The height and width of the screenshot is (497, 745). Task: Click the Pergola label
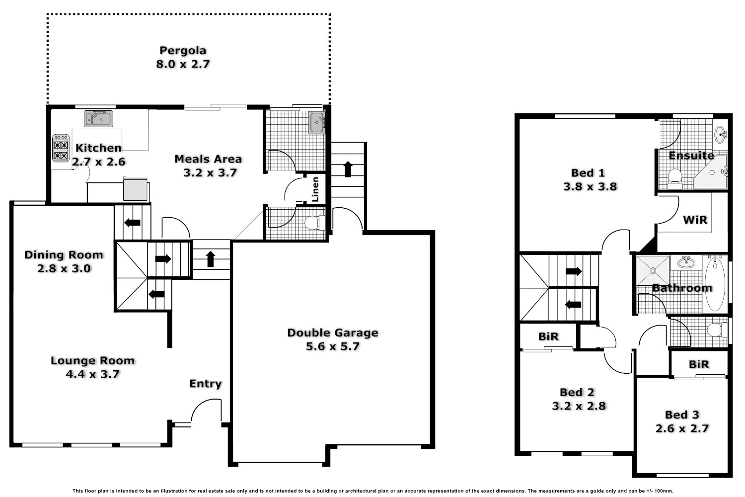pos(183,50)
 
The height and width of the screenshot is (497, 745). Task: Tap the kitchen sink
pos(98,119)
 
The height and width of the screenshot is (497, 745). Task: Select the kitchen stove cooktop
pos(61,149)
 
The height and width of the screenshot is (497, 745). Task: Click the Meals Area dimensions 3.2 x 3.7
pos(210,173)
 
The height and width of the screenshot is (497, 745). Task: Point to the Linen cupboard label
pos(315,189)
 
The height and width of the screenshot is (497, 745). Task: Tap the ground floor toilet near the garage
pos(313,223)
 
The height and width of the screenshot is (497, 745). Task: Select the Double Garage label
pos(333,332)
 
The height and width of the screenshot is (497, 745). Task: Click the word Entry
pos(205,384)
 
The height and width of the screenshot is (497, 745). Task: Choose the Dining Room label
pos(64,255)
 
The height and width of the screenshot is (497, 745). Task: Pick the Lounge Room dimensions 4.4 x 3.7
pos(93,374)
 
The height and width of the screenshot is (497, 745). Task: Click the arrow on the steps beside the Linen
pos(348,168)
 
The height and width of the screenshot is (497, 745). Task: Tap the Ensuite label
pos(691,156)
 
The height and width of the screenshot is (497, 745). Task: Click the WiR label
pos(695,219)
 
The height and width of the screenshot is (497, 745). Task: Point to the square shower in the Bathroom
pos(653,269)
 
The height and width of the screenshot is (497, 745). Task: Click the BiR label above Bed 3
pos(699,364)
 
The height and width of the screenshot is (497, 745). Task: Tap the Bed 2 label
pos(577,393)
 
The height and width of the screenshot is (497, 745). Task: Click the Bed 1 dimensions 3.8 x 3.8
pos(590,187)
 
